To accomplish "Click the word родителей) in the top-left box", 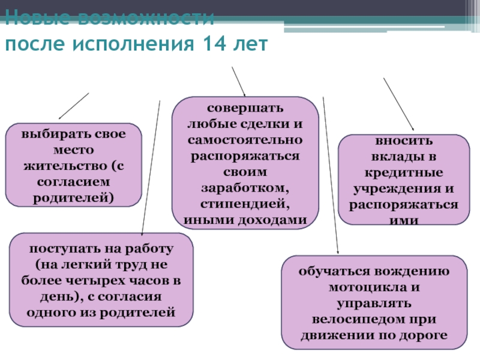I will pyautogui.click(x=74, y=196).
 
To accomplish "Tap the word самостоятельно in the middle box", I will pyautogui.click(x=245, y=140).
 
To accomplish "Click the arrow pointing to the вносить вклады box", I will pyautogui.click(x=398, y=104).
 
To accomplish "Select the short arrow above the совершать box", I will pyautogui.click(x=238, y=80).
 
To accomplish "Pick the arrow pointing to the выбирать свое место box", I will pyautogui.click(x=73, y=106).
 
